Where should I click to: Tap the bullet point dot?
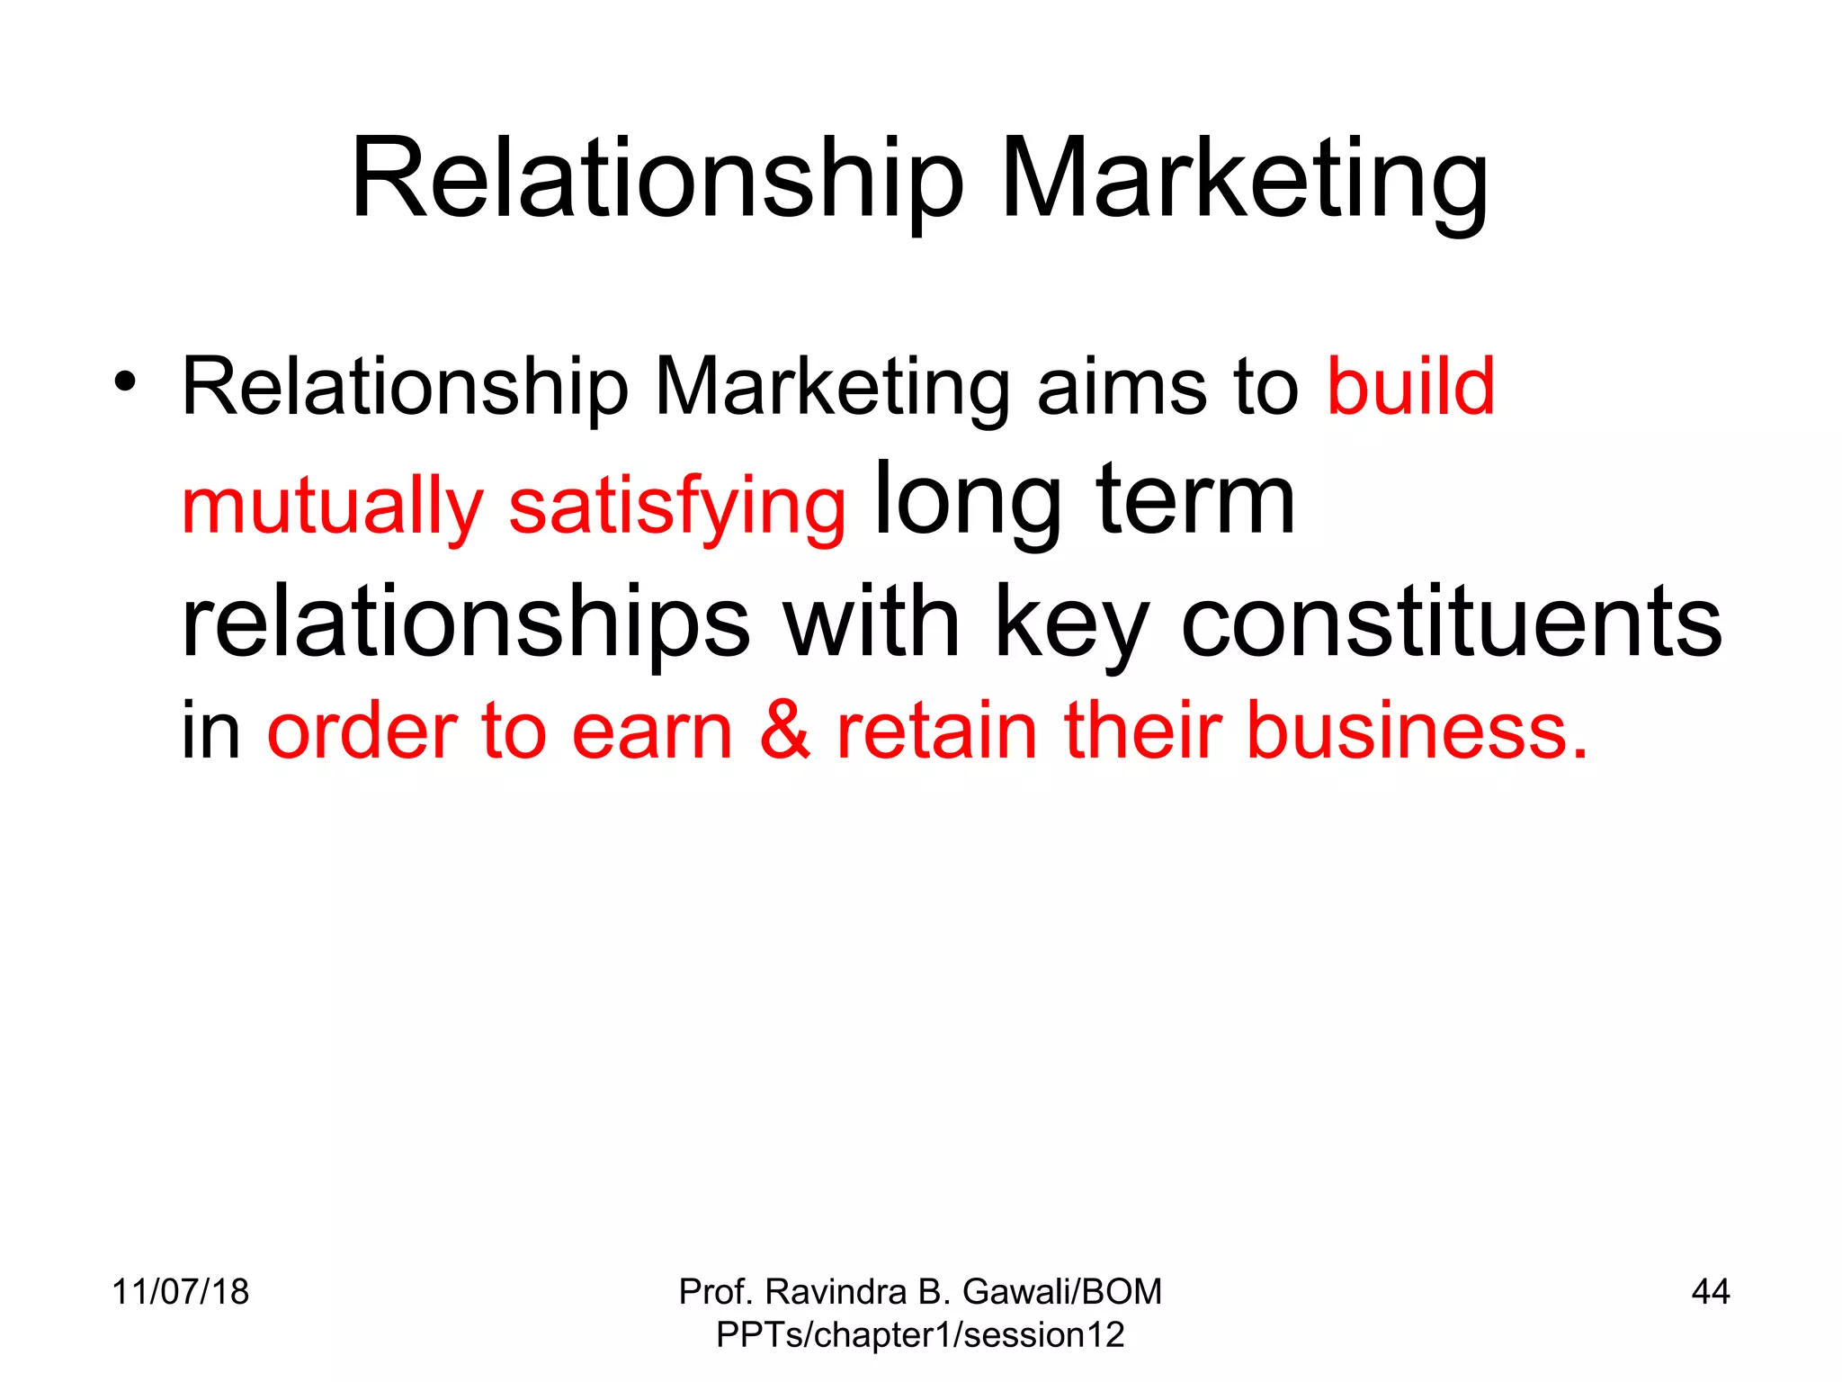coord(125,381)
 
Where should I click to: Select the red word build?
coord(1410,387)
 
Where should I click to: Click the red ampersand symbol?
coord(785,730)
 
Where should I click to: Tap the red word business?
coord(1417,730)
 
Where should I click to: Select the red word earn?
coord(652,730)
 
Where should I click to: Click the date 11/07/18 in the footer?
coord(180,1292)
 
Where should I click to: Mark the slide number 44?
coord(1710,1292)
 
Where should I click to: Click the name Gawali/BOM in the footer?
coord(1062,1292)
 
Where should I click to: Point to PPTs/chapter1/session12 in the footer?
coord(920,1335)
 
